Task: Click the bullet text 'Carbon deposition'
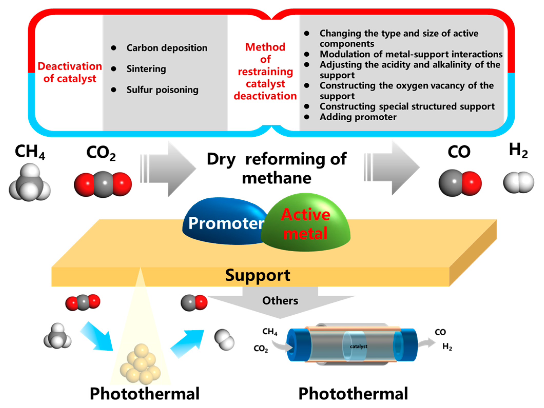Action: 167,48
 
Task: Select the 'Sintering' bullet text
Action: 146,69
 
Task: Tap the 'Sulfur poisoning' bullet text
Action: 162,90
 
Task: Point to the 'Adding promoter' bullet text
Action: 358,117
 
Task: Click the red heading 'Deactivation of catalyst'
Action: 70,72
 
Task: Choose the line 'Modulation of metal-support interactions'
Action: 411,54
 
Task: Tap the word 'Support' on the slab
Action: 257,275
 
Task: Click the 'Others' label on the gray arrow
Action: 280,301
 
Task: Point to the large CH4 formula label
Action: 30,152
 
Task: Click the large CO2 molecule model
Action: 103,184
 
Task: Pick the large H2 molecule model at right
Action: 518,182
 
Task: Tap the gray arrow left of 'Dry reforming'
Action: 169,168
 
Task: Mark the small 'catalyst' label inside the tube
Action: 358,346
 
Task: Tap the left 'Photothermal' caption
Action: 144,394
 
